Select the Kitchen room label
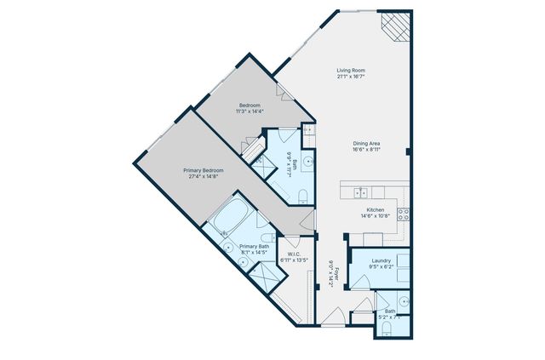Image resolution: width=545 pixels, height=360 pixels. (x=376, y=209)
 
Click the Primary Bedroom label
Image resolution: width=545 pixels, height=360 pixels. (x=203, y=170)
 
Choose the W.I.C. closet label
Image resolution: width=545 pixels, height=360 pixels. (x=294, y=254)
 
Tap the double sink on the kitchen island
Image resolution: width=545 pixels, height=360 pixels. (x=361, y=191)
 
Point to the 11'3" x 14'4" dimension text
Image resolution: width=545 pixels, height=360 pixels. (x=250, y=111)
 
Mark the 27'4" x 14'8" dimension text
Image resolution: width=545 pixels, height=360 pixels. (x=203, y=177)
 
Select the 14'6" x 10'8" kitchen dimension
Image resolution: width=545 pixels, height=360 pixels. (x=376, y=216)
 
